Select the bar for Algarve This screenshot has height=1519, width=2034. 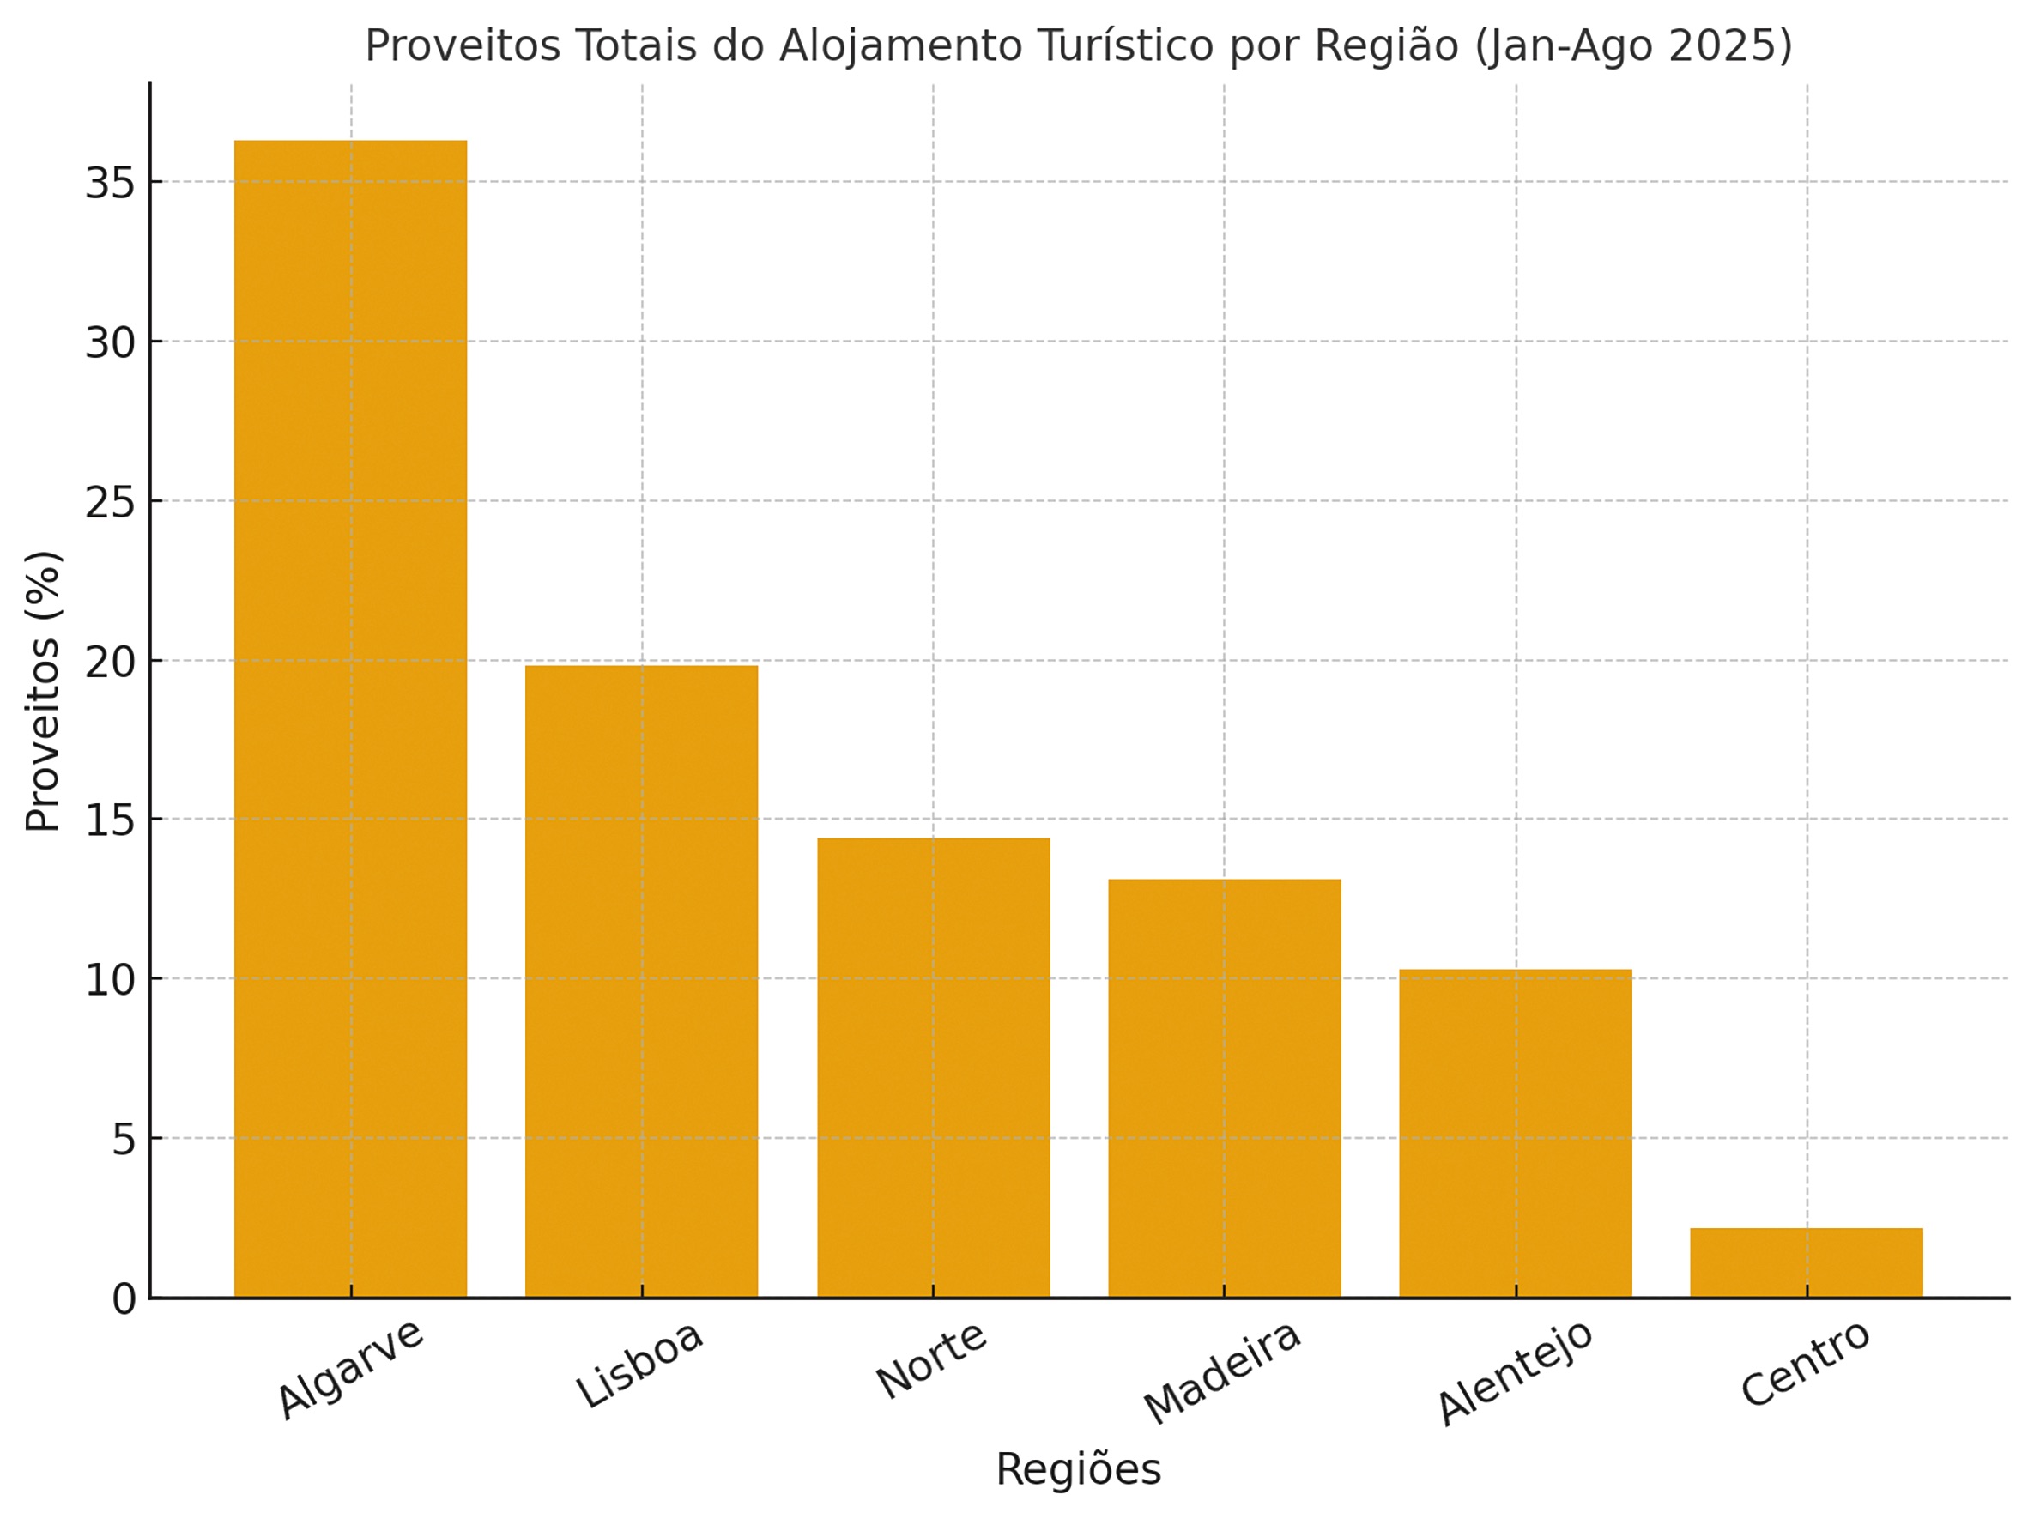tap(350, 718)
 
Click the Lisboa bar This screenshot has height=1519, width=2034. tap(641, 980)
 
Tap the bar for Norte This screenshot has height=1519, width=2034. tap(934, 1067)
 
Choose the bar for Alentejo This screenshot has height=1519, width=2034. tap(1516, 1133)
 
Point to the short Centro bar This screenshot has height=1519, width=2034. tap(1806, 1262)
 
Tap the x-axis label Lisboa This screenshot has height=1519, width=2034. tap(640, 1365)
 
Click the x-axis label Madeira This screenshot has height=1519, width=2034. tap(1222, 1372)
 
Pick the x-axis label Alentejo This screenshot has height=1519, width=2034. tap(1515, 1372)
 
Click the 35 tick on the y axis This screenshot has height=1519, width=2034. tap(110, 183)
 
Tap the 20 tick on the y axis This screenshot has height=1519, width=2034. tap(110, 662)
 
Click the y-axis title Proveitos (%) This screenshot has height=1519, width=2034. tap(42, 692)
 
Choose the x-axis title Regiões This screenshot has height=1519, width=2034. tap(1078, 1469)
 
